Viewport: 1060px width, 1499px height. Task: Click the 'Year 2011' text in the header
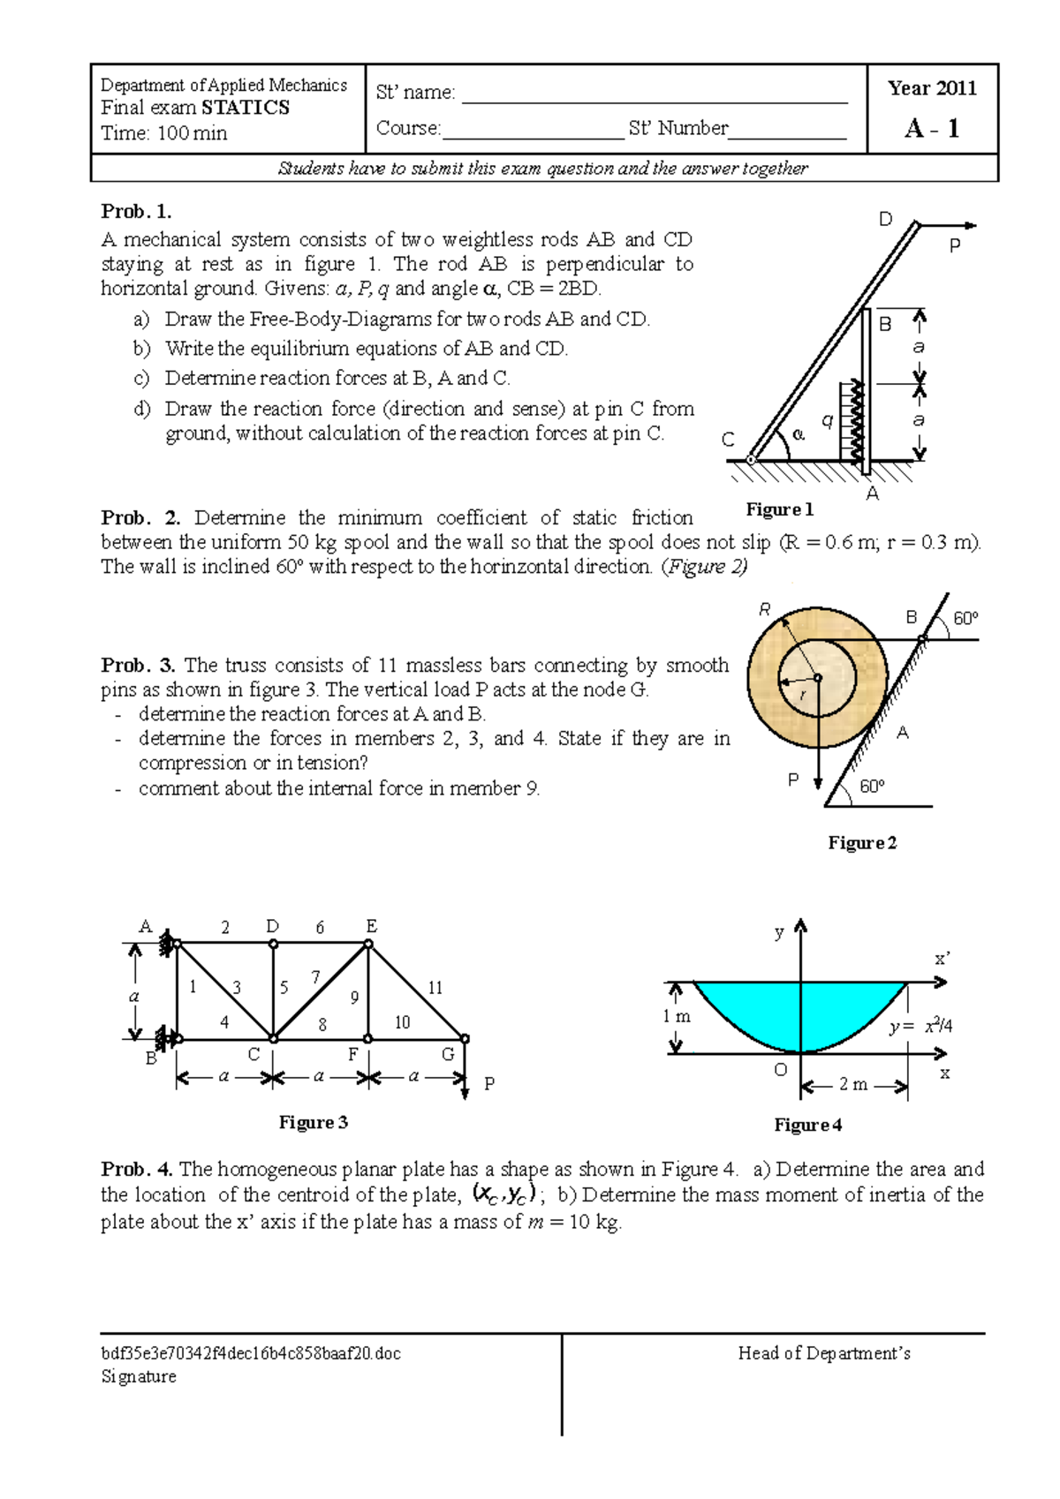[932, 88]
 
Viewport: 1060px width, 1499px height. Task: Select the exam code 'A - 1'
[932, 129]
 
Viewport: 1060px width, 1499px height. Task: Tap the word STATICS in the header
[246, 108]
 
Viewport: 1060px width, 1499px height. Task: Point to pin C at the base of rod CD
[751, 459]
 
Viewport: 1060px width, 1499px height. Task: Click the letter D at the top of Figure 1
[885, 220]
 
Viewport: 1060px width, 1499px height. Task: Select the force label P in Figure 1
[954, 246]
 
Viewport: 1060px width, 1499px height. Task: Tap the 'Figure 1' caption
[779, 509]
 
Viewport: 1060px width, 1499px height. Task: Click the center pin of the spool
[818, 678]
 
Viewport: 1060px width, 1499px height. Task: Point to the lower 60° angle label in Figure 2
[872, 786]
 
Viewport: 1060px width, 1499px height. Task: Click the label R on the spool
[765, 609]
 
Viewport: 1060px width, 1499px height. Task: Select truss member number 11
[435, 988]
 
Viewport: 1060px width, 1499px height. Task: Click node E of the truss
[368, 944]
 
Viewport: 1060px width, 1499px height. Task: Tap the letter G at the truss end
[448, 1054]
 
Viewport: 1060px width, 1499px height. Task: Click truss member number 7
[315, 977]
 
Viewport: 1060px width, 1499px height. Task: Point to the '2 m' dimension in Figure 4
[853, 1084]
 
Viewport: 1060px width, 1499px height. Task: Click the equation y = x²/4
[920, 1026]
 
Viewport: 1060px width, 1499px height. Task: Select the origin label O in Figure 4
[780, 1070]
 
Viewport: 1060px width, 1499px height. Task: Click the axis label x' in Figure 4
[942, 959]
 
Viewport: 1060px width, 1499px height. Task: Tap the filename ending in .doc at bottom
[251, 1353]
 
